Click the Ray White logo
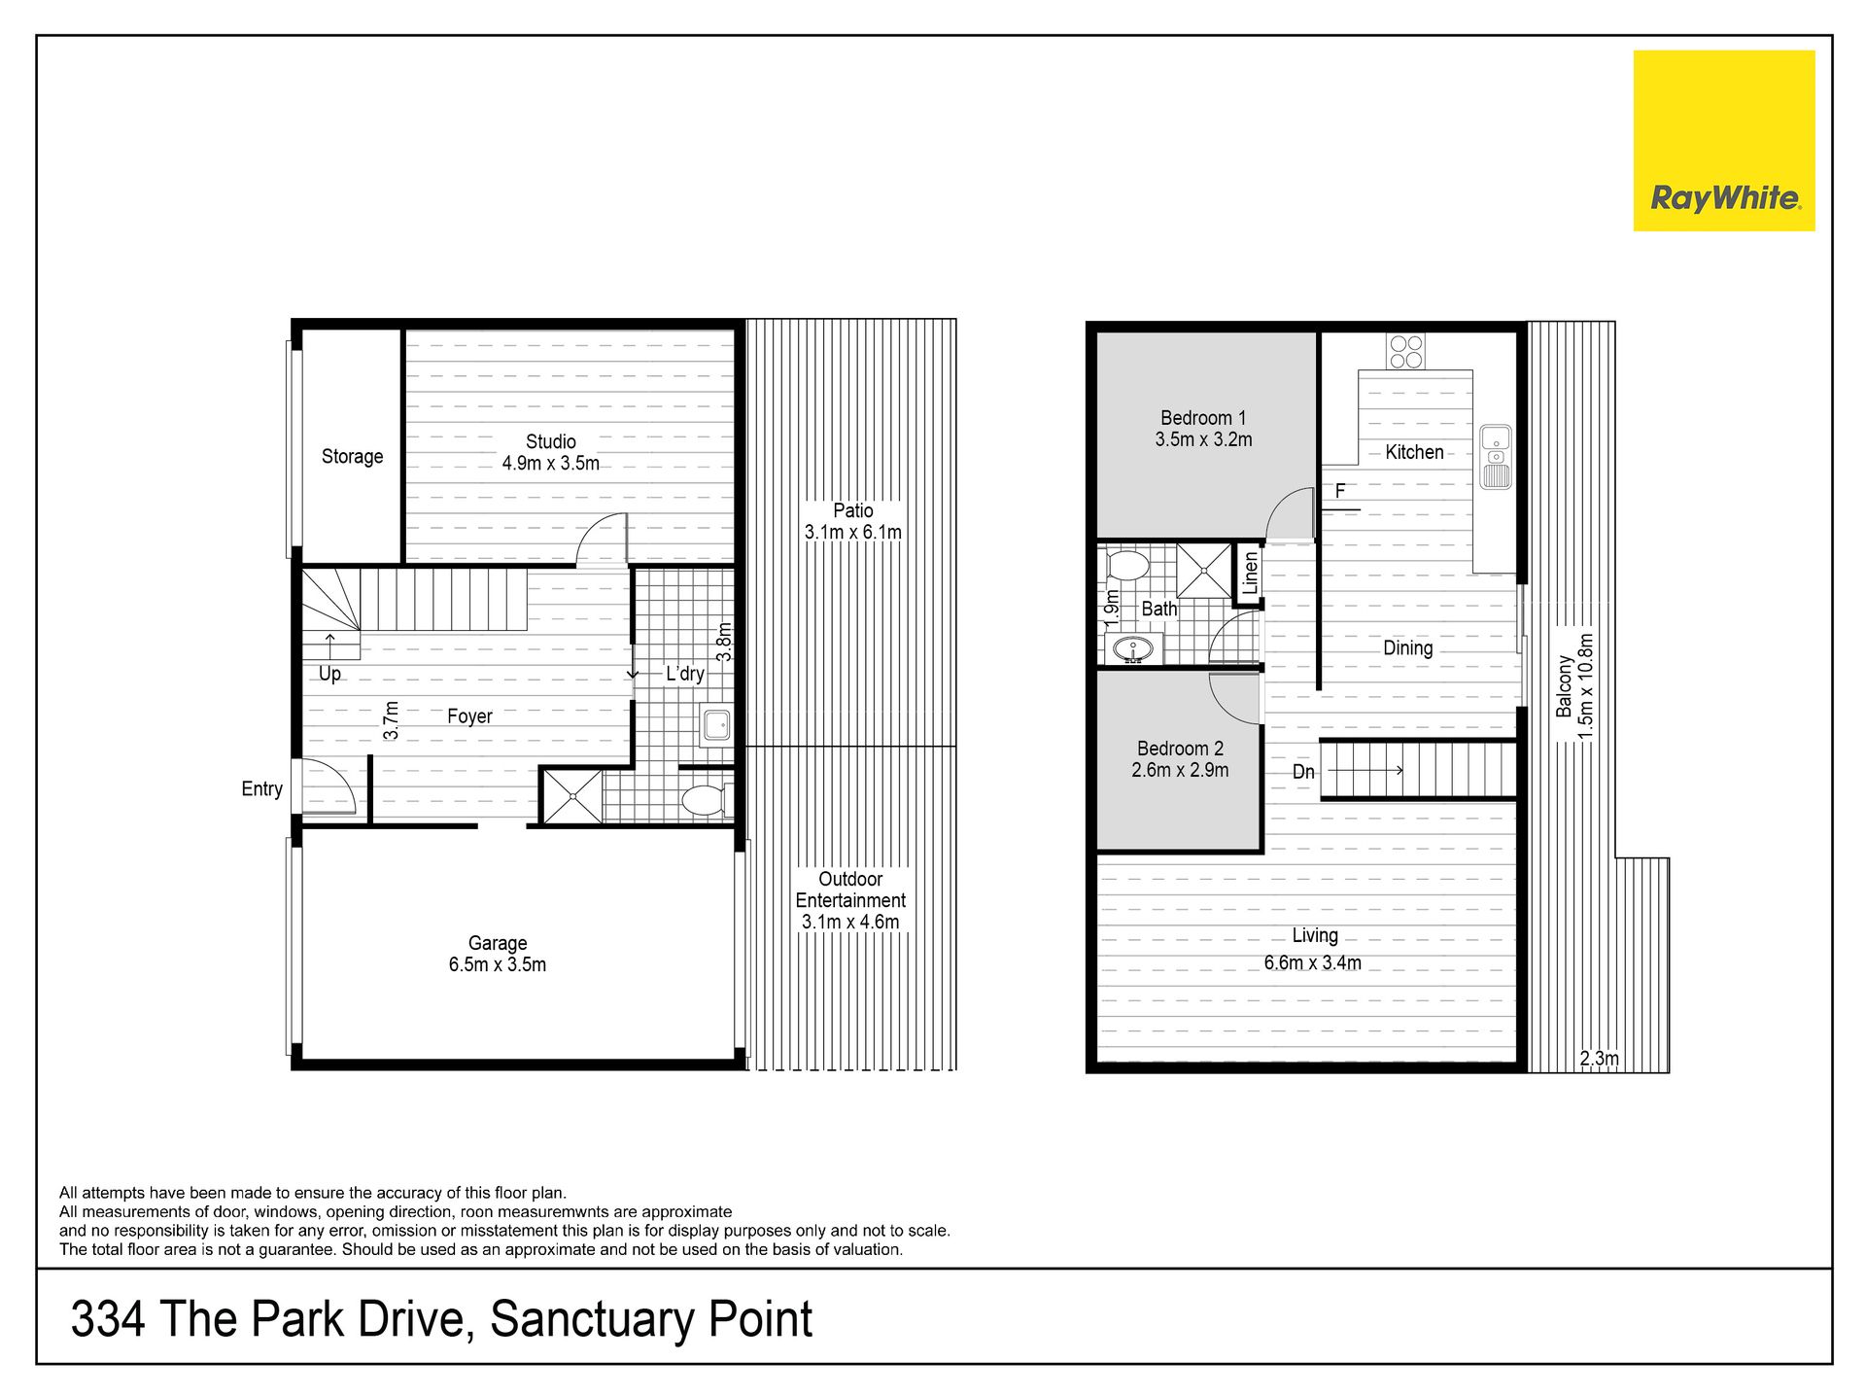coord(1724,141)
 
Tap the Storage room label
coord(352,456)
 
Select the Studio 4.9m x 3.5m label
coord(551,452)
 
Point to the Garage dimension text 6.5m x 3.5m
coord(498,965)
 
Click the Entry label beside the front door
coord(261,789)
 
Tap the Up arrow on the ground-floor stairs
coord(330,645)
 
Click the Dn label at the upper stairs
coord(1303,772)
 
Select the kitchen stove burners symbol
coord(1406,352)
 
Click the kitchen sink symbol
coord(1496,457)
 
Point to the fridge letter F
coord(1340,491)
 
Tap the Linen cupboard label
coord(1250,574)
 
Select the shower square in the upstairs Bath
coord(1203,571)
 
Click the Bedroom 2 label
coord(1180,749)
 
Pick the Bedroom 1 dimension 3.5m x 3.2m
coord(1203,439)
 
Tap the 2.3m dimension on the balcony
coord(1599,1059)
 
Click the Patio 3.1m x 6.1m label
coord(852,521)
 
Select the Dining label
coord(1407,648)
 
